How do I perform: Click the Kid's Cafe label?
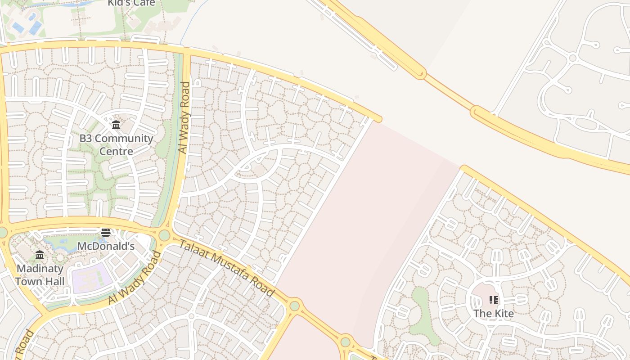coord(131,3)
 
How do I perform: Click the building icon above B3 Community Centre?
coord(116,125)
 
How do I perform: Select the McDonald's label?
coord(106,246)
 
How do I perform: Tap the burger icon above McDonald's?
coord(106,232)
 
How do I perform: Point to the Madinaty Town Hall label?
coord(40,275)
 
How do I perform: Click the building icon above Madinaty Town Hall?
coord(40,255)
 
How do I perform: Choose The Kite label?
coord(493,313)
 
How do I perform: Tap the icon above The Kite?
coord(494,300)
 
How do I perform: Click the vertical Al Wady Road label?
coord(184,117)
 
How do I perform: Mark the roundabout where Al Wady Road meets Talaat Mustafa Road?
coord(164,235)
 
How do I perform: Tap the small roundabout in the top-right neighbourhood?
coord(572,58)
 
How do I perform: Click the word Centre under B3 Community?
coord(116,151)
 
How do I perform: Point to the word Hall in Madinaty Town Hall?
coord(54,282)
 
